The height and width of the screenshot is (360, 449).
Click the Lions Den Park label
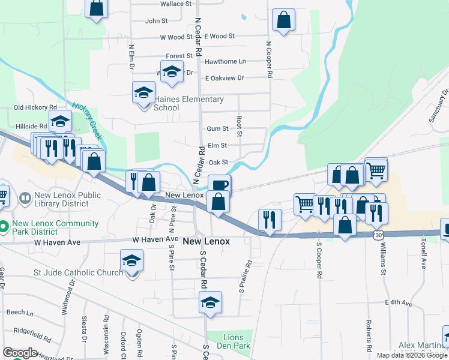pos(229,341)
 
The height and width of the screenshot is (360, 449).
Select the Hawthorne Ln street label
pos(225,61)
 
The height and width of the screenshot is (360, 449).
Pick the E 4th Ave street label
pos(399,304)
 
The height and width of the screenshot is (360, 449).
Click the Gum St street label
pos(217,128)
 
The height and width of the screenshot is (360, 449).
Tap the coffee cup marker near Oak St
pos(219,184)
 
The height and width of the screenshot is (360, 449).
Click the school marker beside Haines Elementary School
pos(143,93)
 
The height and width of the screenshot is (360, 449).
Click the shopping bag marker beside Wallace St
pos(96,8)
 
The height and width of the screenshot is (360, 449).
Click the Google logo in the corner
pos(20,353)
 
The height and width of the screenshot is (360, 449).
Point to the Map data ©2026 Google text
pos(412,355)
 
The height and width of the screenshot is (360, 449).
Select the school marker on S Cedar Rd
pos(210,303)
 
